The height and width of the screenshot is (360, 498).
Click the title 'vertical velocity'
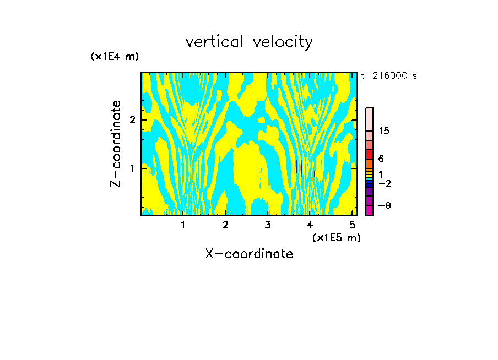click(249, 42)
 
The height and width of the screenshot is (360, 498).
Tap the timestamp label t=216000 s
click(388, 76)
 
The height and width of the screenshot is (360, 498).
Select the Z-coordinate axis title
click(116, 144)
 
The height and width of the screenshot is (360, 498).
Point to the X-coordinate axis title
click(249, 254)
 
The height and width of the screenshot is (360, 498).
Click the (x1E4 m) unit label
click(115, 57)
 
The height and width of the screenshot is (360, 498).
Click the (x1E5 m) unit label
click(336, 237)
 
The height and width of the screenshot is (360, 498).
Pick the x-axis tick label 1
click(183, 225)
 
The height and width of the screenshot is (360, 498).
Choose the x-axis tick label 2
click(225, 225)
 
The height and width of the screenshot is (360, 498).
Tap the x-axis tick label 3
click(268, 225)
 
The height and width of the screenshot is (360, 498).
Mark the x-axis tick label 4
click(310, 225)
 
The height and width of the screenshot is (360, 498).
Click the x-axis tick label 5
click(352, 225)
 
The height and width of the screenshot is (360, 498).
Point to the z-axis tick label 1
click(132, 167)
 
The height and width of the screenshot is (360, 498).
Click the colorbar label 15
click(384, 131)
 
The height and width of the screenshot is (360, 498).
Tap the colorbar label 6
click(381, 159)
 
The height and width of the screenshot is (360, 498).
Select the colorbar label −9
click(384, 205)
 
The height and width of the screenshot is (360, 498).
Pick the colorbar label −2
click(384, 184)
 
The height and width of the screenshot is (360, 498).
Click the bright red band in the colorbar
click(370, 154)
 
